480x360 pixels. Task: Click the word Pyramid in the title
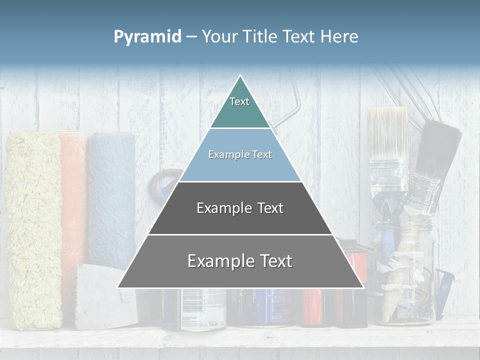click(x=147, y=37)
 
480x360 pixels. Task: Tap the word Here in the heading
click(x=339, y=37)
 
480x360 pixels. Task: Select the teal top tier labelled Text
click(x=240, y=107)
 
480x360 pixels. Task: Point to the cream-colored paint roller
click(x=34, y=230)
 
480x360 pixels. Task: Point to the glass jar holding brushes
click(x=405, y=280)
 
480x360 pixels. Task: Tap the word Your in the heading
click(x=220, y=37)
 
